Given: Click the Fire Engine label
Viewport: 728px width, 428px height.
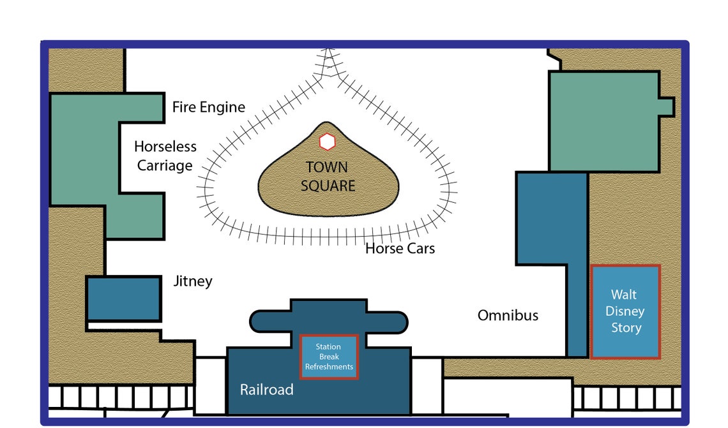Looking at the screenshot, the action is coord(208,107).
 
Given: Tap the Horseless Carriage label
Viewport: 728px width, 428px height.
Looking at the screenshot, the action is coord(165,156).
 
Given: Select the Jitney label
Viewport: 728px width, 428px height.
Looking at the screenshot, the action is coord(193,281).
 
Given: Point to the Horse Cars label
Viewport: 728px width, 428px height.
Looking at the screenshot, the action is coord(400,249).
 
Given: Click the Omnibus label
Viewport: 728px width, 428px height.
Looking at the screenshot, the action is coord(508,315).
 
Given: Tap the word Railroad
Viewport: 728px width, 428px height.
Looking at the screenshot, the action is coord(266,390).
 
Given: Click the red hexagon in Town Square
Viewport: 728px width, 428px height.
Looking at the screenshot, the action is coord(328,142).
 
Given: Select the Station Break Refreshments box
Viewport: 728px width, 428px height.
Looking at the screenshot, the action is coord(329,357).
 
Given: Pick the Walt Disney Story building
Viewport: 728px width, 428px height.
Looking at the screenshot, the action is coord(625,312).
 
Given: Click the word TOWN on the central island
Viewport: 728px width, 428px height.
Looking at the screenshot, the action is coord(327,167).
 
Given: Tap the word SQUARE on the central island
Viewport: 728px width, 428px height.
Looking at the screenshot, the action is coord(328,186).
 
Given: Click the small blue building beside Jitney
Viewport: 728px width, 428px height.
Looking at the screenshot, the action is coord(123,299).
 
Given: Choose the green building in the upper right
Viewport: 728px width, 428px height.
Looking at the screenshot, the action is coord(603,121).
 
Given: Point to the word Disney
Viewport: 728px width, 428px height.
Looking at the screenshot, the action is coord(625,311).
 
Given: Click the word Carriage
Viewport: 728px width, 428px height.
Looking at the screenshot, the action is coord(165,166).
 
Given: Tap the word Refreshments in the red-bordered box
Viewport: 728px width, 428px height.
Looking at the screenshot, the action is coord(329,366).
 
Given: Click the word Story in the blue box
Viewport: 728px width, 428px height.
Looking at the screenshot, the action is coord(626,328).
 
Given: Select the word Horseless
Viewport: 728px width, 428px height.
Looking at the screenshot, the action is coord(165,147).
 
